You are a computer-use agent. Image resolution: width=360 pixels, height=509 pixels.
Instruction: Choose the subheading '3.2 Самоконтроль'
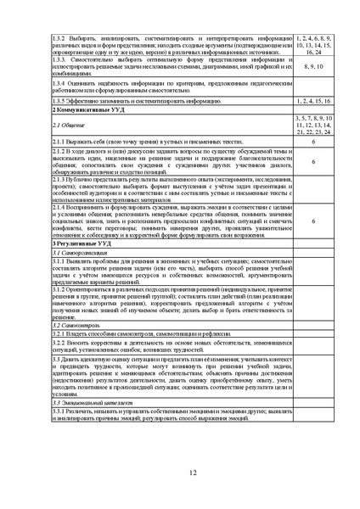pos(73,326)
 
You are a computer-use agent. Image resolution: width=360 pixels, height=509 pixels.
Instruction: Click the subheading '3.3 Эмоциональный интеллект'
pos(87,400)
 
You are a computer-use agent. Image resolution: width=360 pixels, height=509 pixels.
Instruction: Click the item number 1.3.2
pos(59,38)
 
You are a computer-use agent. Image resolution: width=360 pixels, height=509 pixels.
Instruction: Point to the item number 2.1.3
pos(59,180)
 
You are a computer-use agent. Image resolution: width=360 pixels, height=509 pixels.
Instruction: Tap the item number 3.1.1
pos(59,263)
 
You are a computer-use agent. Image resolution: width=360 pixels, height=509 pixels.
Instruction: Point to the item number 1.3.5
pos(59,100)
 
